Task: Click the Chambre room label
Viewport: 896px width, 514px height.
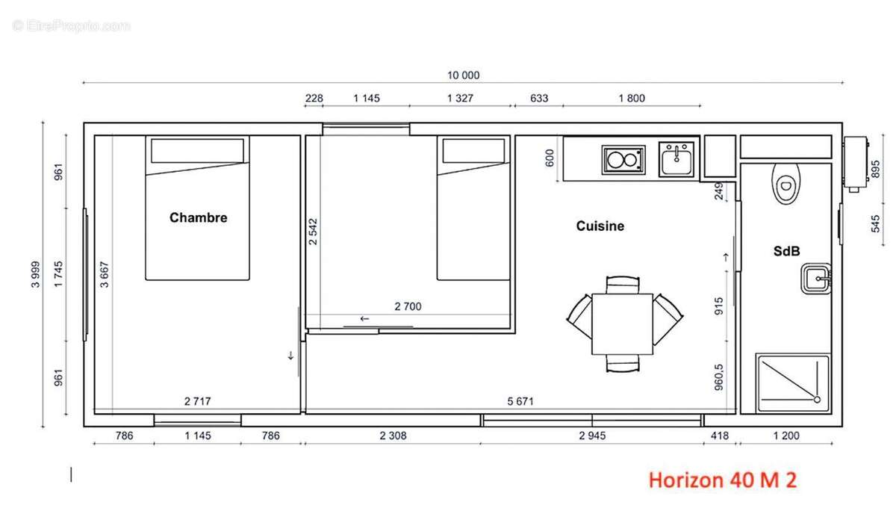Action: tap(198, 217)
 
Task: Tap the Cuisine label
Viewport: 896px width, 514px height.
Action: tap(600, 226)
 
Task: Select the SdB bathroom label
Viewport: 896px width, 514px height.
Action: tap(786, 251)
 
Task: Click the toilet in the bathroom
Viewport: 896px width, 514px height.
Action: tap(786, 184)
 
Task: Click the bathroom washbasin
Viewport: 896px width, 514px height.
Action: tap(816, 279)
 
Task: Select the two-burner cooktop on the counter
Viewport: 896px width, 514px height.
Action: tap(623, 160)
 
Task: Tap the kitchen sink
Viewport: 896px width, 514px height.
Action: tap(676, 159)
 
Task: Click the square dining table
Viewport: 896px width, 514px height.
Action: tap(623, 323)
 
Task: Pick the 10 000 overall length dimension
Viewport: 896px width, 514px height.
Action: tap(463, 75)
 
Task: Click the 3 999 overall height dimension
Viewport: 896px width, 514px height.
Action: tap(36, 274)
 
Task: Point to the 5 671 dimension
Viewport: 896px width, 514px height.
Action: tap(520, 401)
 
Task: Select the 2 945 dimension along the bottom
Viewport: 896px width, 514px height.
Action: tap(592, 436)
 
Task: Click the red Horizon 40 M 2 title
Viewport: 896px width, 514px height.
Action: tap(723, 480)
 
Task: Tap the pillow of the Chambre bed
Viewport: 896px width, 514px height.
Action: tap(197, 150)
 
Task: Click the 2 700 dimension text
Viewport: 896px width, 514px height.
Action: tap(408, 306)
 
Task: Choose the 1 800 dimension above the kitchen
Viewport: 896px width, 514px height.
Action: tap(632, 98)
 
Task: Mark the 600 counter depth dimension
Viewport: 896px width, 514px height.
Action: tap(550, 158)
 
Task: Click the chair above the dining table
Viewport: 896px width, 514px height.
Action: tap(623, 285)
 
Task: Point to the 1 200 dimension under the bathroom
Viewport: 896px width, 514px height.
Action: tap(786, 436)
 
